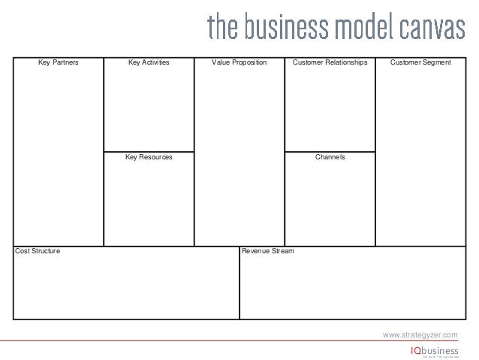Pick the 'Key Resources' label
(149, 158)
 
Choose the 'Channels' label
(330, 158)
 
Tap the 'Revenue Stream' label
(268, 250)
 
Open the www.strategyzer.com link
(420, 334)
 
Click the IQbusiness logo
(433, 351)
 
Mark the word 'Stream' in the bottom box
(282, 250)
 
